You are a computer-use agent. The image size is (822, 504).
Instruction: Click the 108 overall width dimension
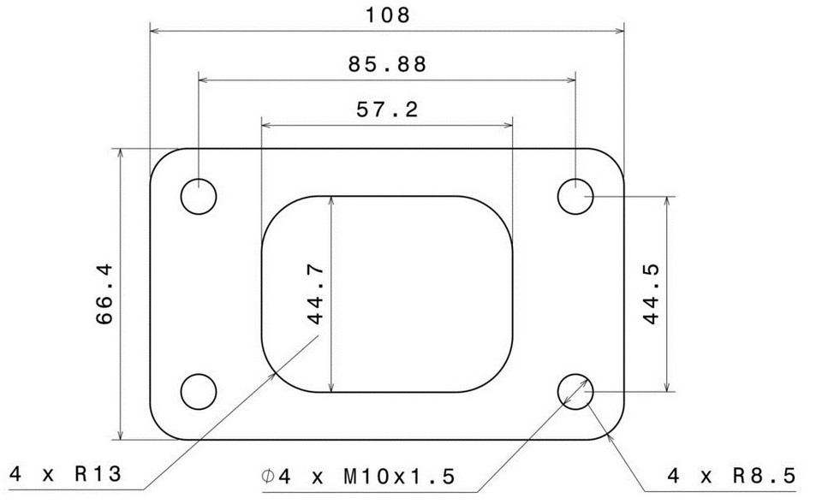coord(387,15)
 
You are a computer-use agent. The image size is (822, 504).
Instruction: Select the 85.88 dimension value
coord(387,63)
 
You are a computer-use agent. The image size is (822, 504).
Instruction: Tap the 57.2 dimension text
coord(387,110)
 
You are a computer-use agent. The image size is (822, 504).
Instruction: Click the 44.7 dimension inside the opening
coord(314,294)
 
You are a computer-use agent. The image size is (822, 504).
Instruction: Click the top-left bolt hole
coord(199,197)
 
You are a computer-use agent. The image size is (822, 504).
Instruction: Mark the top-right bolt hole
coord(575,197)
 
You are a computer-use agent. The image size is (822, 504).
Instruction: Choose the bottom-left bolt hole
coord(199,392)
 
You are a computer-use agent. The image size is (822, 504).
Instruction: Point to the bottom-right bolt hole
coord(575,392)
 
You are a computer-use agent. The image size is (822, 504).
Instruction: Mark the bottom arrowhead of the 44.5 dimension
coord(665,386)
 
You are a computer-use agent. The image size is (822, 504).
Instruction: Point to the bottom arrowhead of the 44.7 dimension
coord(331,387)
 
